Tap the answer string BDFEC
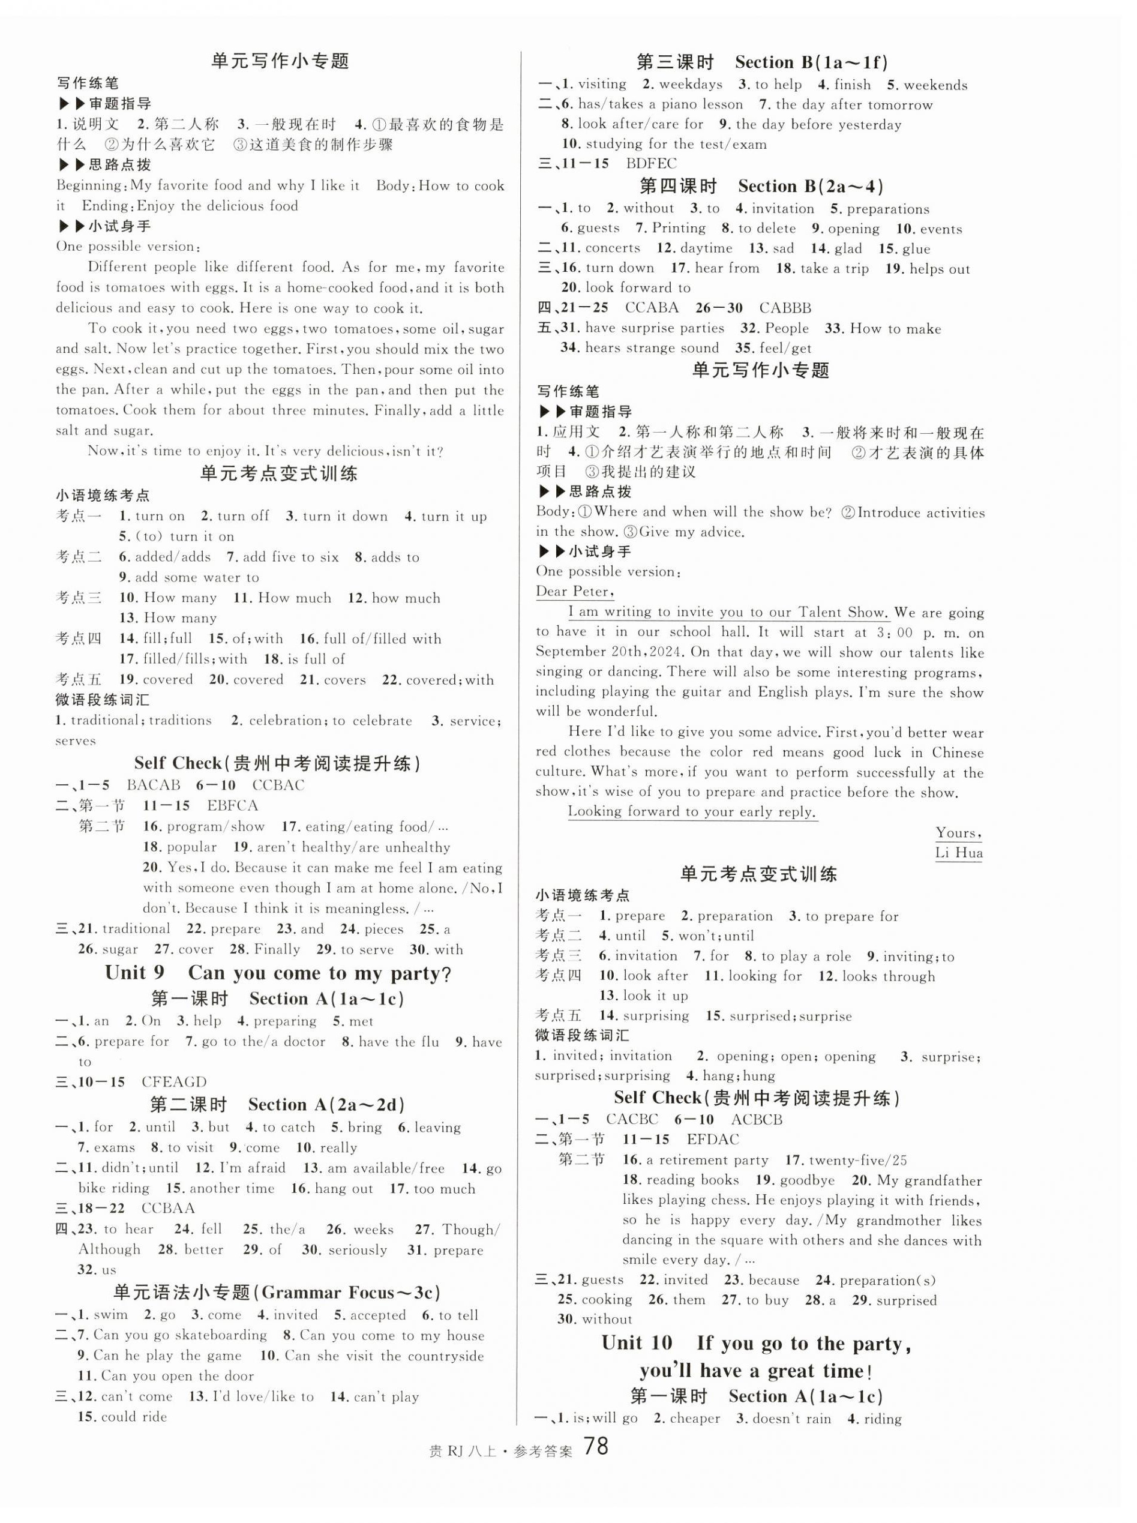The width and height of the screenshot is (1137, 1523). point(651,164)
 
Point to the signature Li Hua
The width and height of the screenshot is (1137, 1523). point(958,853)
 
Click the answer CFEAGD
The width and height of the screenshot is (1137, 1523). point(174,1082)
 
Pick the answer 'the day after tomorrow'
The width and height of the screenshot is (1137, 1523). point(853,104)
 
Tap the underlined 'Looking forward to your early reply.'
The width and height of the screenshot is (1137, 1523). point(692,811)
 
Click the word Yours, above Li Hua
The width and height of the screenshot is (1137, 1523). point(958,833)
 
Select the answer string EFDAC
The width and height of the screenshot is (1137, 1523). point(711,1139)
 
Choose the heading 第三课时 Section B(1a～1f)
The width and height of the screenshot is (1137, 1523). point(762,62)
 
